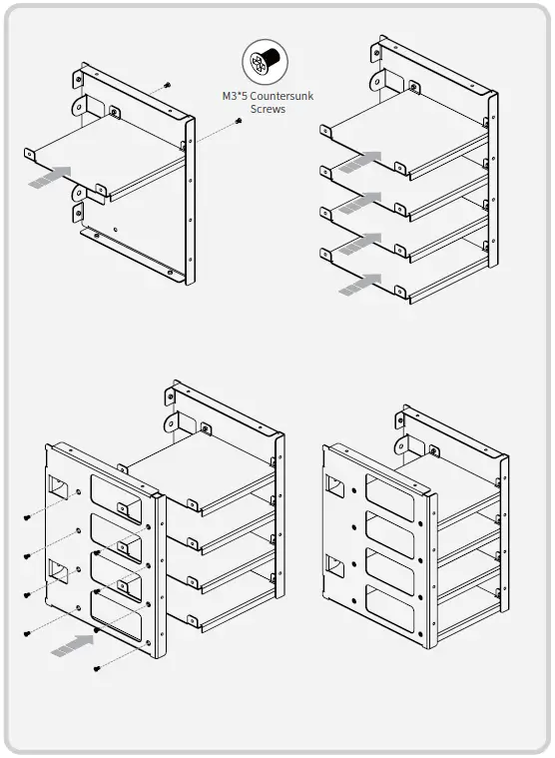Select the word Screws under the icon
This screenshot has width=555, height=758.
point(267,108)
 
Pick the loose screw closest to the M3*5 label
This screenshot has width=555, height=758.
point(239,121)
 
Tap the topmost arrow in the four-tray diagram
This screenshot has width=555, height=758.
point(360,161)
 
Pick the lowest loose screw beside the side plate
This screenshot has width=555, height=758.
point(96,667)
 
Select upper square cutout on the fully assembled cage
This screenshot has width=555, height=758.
point(335,486)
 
